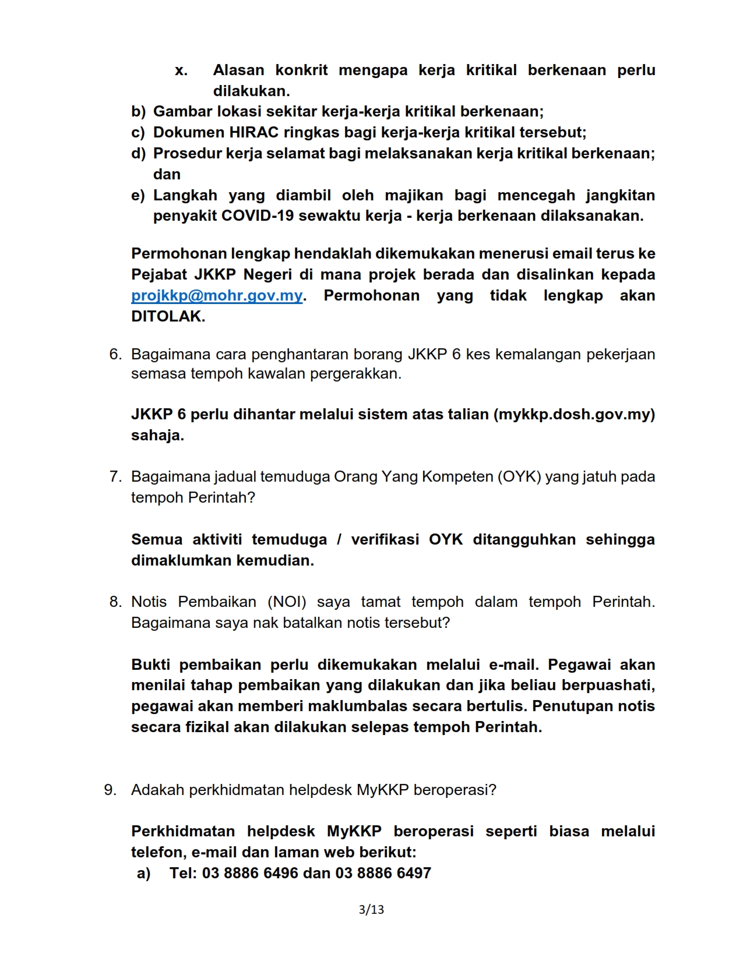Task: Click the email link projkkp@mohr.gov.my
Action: point(217,296)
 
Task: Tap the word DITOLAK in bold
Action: point(168,317)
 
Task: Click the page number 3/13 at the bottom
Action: point(371,910)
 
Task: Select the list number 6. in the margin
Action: point(115,355)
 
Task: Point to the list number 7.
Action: point(115,477)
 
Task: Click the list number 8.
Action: point(115,602)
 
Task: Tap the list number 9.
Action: point(110,790)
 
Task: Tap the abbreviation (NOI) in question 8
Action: point(287,602)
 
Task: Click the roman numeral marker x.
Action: point(181,70)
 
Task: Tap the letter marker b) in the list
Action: point(138,112)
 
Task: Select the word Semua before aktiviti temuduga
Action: point(157,540)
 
